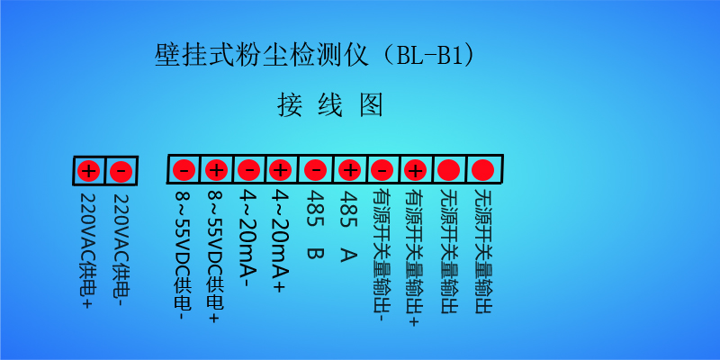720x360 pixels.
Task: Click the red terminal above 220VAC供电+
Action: point(89,172)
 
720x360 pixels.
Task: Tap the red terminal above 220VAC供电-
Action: point(121,172)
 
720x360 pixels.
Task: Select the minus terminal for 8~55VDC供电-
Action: point(184,171)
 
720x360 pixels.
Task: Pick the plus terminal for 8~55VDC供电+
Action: point(216,171)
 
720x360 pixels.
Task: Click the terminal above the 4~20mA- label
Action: point(249,170)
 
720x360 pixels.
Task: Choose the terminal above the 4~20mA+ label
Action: point(281,170)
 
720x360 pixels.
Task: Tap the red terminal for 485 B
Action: point(316,170)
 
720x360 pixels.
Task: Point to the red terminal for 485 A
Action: point(350,170)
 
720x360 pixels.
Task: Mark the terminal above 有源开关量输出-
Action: point(382,170)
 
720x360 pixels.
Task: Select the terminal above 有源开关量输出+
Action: point(415,170)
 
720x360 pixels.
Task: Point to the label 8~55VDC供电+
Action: point(215,256)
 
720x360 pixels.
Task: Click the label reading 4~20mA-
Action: point(248,238)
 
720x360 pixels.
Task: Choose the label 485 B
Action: point(315,224)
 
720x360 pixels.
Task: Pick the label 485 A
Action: point(348,226)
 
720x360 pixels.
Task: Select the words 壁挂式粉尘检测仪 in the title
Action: point(262,56)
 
